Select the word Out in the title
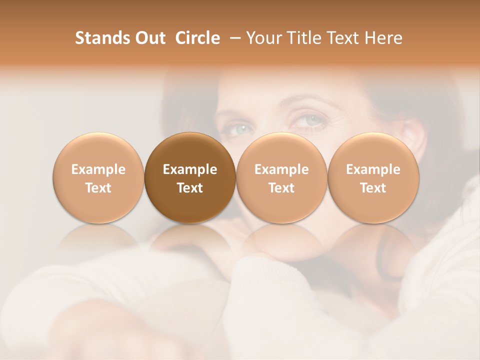tap(149, 38)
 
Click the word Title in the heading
tap(301, 38)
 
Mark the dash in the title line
tap(233, 38)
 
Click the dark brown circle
tap(190, 178)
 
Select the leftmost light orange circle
tap(98, 178)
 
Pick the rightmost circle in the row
tap(373, 178)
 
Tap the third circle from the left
tap(281, 178)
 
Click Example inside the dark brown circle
tap(190, 169)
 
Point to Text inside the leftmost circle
tap(98, 188)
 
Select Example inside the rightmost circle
tap(373, 169)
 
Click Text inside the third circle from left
tap(281, 188)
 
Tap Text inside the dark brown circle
tap(190, 188)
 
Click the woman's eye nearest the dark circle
tap(241, 129)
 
